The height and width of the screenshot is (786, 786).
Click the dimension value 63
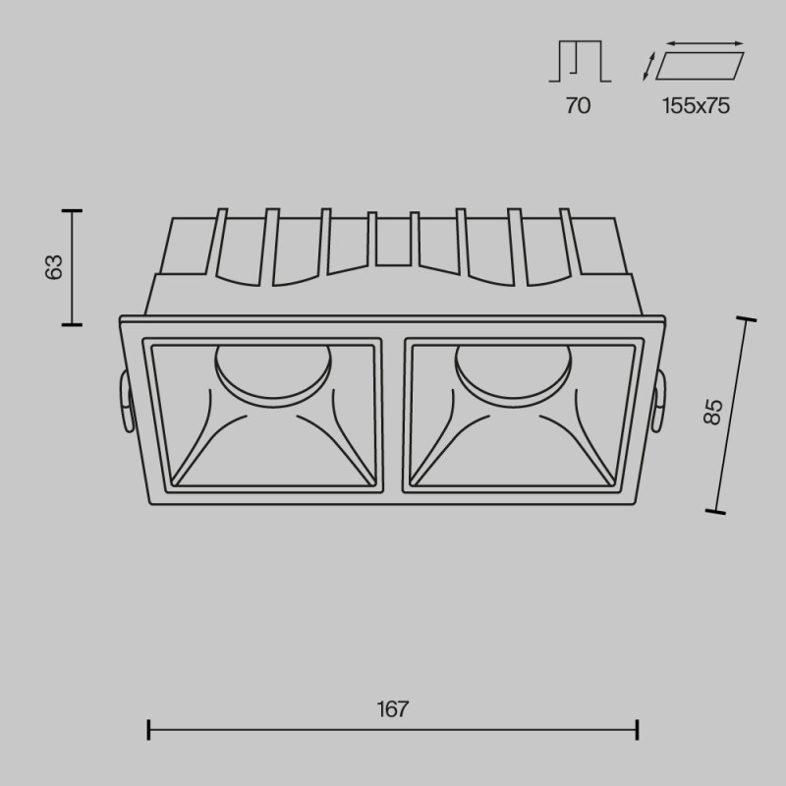click(55, 266)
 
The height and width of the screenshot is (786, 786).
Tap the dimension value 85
click(714, 411)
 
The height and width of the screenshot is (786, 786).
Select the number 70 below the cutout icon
click(578, 106)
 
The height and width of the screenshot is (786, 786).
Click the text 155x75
click(696, 106)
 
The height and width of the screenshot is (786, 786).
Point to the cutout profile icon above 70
click(579, 62)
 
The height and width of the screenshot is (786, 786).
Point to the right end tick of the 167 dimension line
click(639, 729)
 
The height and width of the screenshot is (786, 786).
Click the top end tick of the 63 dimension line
click(71, 210)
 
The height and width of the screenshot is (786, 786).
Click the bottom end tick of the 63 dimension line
click(71, 323)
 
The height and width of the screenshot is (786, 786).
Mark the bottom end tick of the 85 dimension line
click(717, 511)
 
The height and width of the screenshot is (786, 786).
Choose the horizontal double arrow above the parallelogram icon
click(705, 43)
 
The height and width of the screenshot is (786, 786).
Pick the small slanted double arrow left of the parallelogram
click(648, 66)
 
